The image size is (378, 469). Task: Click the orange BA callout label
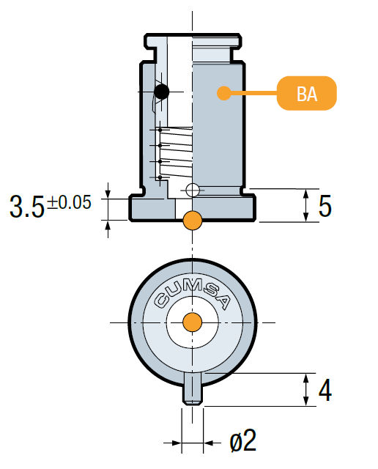point(306,95)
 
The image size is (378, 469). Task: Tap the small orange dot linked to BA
point(220,92)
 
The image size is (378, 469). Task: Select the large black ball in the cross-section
point(161,92)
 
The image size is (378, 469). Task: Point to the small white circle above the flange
point(193,191)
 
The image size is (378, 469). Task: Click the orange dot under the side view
point(193,219)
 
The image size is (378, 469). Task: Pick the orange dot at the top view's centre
point(193,322)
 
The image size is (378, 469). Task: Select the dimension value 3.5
point(27,207)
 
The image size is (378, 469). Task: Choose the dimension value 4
point(325,390)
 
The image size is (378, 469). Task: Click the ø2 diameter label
point(242,441)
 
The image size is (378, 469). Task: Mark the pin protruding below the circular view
point(193,388)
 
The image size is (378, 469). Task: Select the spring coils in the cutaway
point(177,154)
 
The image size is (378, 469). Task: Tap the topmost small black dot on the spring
point(160,130)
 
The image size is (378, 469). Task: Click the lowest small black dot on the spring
point(160,178)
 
